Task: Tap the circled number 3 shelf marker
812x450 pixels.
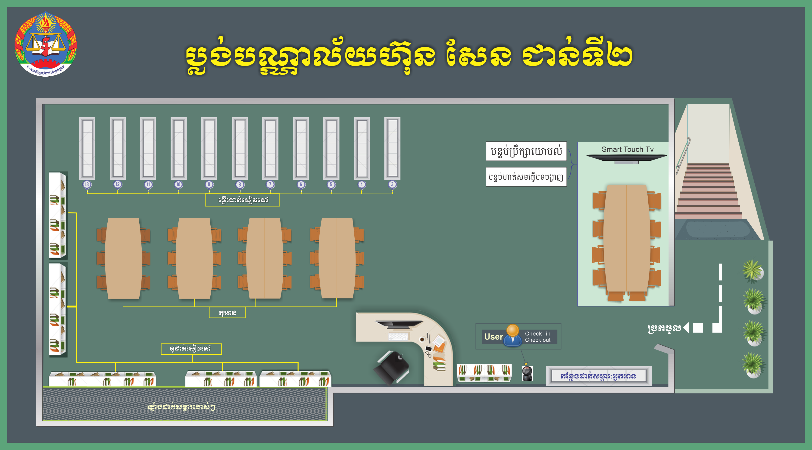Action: tap(392, 184)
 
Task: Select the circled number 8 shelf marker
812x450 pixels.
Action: tap(240, 184)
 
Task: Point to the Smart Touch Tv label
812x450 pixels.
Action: tap(627, 149)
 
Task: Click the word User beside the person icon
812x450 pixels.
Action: tap(493, 337)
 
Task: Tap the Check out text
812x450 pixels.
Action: tap(537, 340)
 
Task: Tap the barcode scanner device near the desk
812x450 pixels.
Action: tap(527, 373)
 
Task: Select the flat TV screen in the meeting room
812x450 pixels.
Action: tap(627, 158)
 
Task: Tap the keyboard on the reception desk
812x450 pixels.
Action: tap(398, 337)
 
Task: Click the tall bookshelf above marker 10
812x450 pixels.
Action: tap(178, 148)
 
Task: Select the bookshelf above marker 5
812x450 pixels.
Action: tap(331, 148)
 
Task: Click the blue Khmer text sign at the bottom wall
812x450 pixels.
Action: tap(598, 376)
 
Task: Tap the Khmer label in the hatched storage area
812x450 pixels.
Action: tap(181, 407)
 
